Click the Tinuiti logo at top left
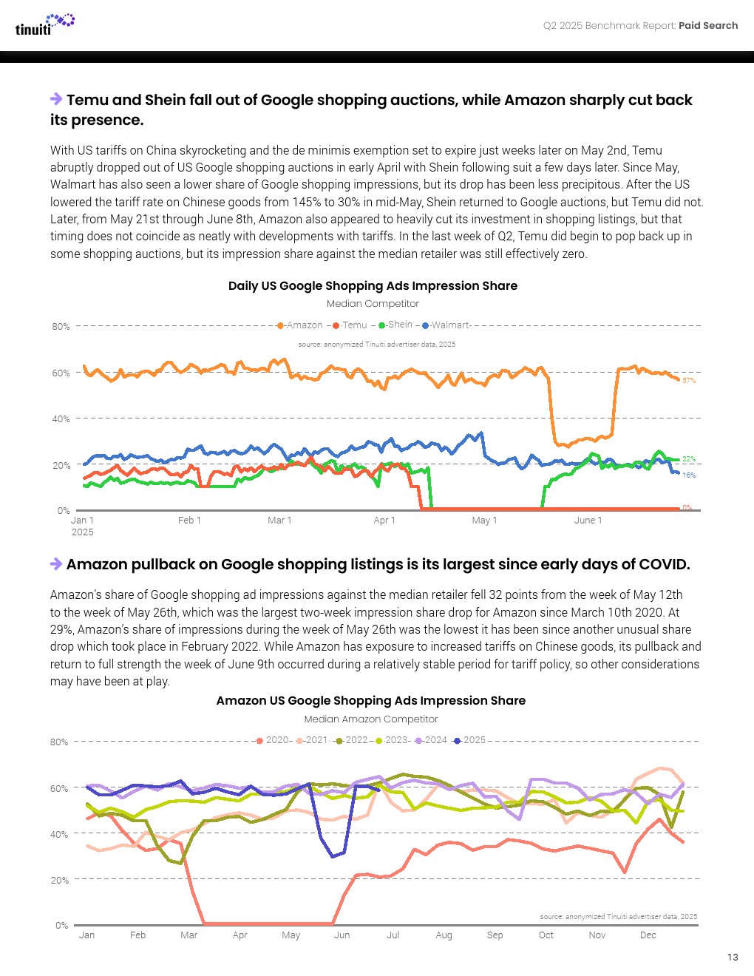click(44, 24)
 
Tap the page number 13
click(733, 957)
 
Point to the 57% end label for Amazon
click(689, 380)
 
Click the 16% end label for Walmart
click(689, 475)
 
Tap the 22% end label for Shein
click(689, 459)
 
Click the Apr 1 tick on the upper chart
click(384, 521)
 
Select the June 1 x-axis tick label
click(588, 521)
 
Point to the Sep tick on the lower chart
click(495, 935)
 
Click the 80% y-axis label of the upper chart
click(61, 326)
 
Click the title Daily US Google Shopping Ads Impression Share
click(373, 286)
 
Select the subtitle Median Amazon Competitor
click(371, 719)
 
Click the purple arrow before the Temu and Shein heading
click(56, 99)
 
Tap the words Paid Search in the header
click(708, 26)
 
